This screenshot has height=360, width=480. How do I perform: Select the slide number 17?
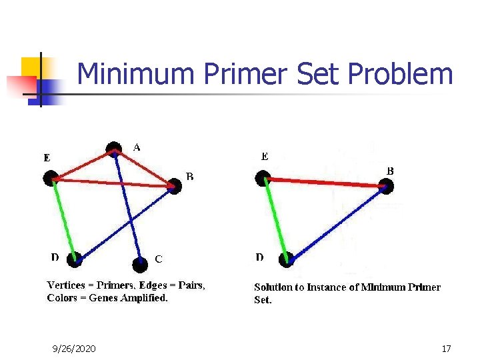(x=447, y=349)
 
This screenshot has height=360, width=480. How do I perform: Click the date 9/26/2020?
(x=74, y=349)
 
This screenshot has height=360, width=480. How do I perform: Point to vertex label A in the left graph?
(x=137, y=147)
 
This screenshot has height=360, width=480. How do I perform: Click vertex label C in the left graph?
(x=159, y=258)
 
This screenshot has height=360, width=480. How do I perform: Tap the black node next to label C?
(x=139, y=265)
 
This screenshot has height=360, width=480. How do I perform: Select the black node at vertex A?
(x=114, y=149)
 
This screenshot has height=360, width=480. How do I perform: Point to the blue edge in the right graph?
(x=337, y=223)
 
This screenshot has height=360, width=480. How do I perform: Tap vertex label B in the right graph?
(x=390, y=171)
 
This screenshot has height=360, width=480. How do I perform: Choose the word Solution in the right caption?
(x=273, y=287)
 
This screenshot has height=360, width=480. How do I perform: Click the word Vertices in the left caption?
(x=66, y=285)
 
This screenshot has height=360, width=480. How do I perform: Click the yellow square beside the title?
(x=30, y=67)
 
